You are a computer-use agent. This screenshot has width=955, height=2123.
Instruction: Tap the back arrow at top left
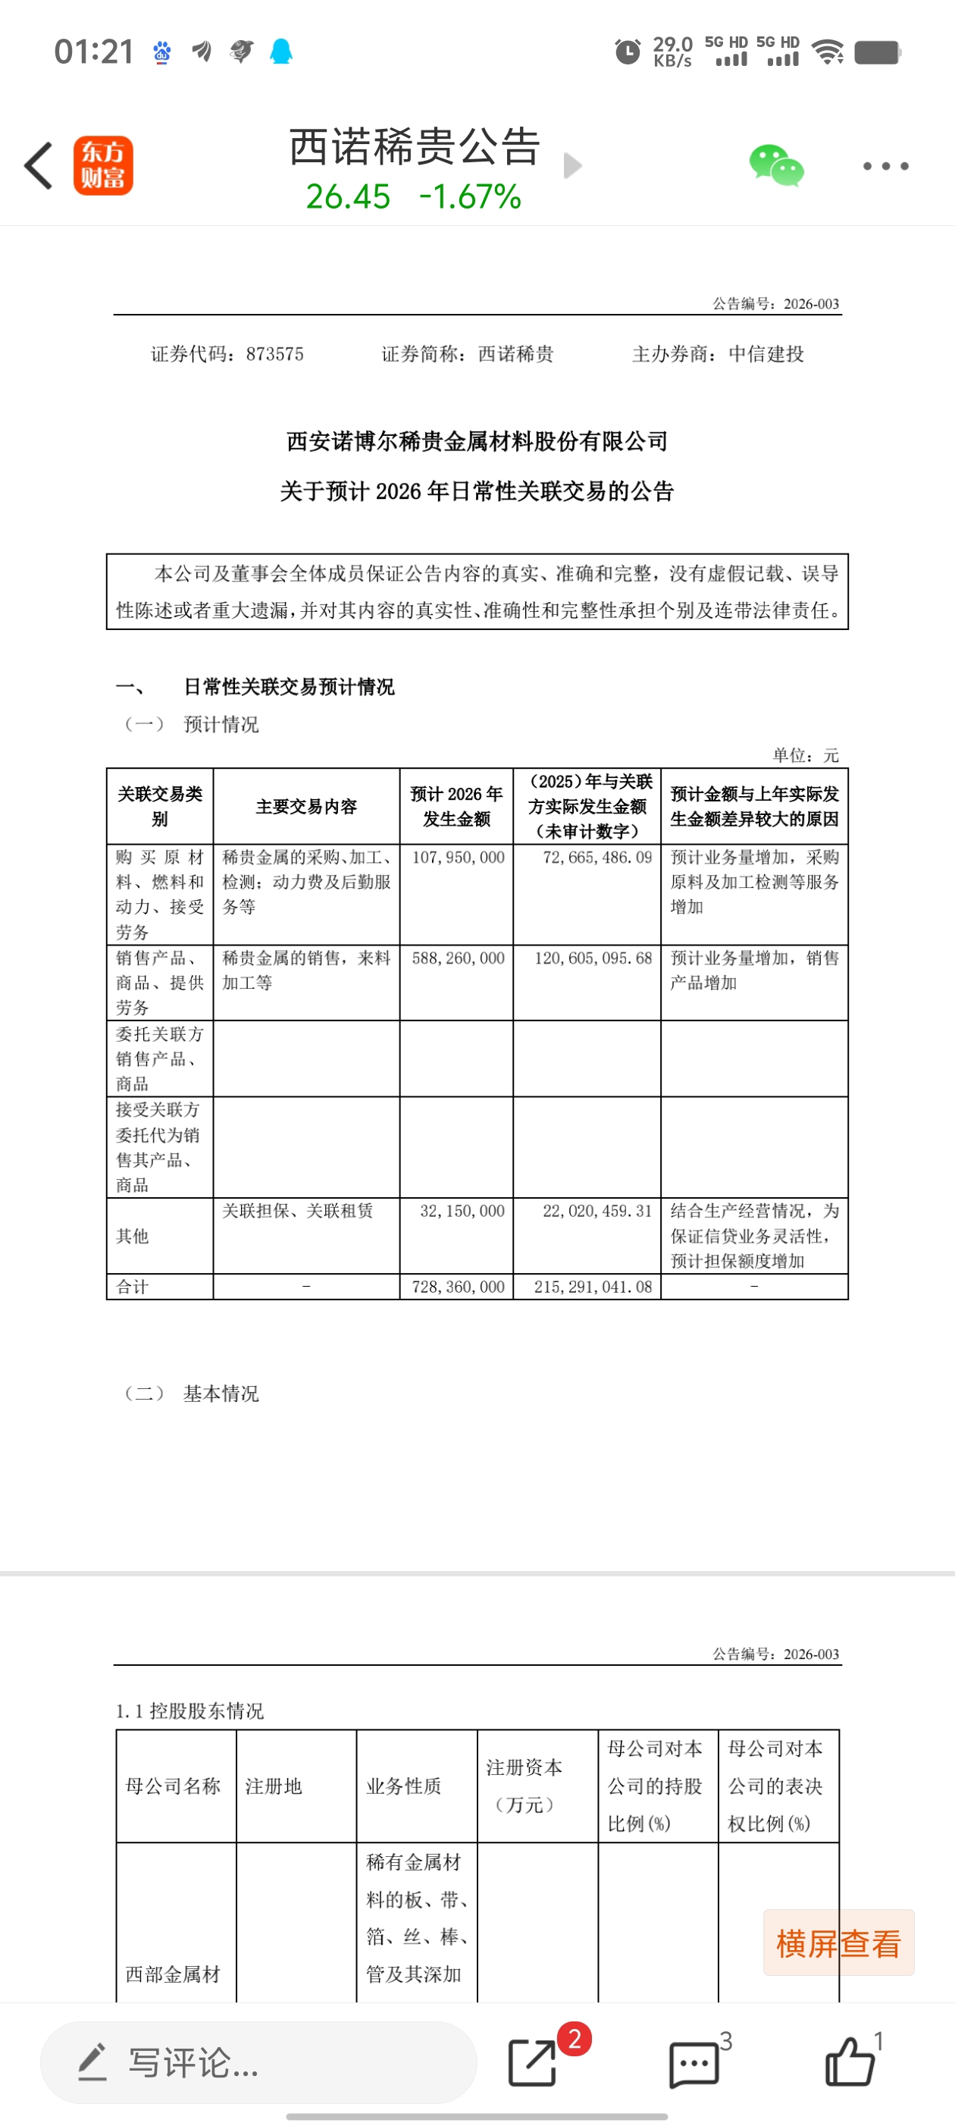(39, 165)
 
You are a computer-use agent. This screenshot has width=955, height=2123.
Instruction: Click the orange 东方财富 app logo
(103, 165)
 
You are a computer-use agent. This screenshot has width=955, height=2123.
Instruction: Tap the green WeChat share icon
(775, 165)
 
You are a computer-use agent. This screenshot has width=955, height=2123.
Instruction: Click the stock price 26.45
(348, 197)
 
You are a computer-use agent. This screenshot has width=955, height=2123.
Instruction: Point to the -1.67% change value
(470, 197)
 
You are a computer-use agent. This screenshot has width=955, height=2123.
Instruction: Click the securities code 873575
(274, 354)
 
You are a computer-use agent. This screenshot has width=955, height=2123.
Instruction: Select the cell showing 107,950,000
(458, 858)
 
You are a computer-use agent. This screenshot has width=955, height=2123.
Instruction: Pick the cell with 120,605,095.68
(593, 958)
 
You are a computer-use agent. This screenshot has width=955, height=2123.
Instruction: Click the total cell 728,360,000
(458, 1287)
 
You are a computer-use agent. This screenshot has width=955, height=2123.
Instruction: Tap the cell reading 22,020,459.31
(596, 1212)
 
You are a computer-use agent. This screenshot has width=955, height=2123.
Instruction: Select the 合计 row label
(133, 1287)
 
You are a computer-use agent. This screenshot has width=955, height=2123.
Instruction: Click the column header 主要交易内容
(306, 807)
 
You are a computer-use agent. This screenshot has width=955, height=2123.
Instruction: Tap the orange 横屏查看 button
(838, 1943)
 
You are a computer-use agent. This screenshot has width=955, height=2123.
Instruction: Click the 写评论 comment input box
(258, 2063)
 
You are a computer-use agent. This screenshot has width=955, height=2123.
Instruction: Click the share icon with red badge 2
(533, 2063)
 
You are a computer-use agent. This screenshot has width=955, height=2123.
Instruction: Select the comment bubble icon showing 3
(694, 2063)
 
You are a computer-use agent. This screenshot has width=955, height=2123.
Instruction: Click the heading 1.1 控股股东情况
(189, 1711)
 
